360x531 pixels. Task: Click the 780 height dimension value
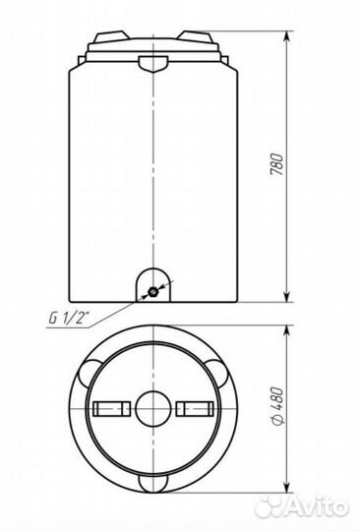coord(276,164)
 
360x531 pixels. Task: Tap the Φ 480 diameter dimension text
coord(276,405)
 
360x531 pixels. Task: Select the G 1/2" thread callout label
coord(67,318)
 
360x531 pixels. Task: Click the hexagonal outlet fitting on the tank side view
coord(153,291)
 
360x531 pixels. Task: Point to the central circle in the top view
coord(153,408)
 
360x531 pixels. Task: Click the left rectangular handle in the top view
coord(112,408)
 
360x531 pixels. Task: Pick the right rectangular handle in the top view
coord(195,408)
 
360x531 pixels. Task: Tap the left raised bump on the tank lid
coord(112,36)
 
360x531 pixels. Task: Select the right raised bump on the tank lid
coord(196,36)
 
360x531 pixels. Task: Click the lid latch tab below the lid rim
coord(153,64)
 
